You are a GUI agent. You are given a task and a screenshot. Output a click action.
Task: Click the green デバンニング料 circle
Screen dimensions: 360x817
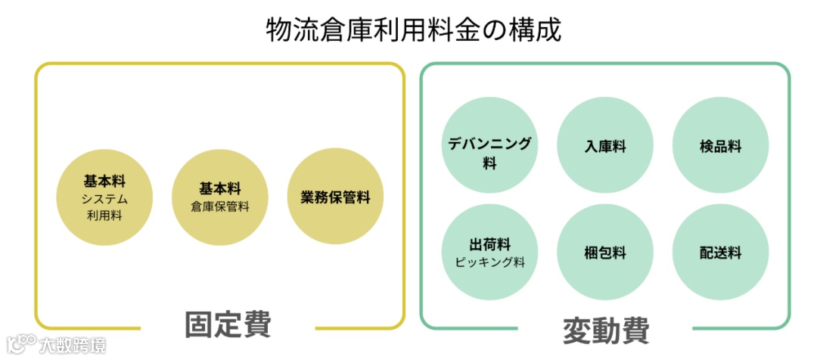(489, 145)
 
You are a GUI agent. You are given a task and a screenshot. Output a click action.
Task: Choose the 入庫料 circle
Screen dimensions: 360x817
(605, 145)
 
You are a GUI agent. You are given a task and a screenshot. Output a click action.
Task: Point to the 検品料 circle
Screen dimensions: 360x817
(720, 145)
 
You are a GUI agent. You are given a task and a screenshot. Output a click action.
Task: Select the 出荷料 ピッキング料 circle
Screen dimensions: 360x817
(489, 253)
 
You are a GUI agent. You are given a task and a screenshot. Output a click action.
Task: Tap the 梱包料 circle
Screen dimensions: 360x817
(605, 253)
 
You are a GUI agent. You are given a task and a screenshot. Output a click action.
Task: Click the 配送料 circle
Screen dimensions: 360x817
(720, 253)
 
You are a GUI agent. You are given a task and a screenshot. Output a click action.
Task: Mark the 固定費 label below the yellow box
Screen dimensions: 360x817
(228, 324)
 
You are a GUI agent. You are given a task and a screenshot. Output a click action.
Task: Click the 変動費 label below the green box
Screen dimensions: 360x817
(606, 331)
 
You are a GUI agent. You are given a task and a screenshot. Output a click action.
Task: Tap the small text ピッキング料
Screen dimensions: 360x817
(489, 262)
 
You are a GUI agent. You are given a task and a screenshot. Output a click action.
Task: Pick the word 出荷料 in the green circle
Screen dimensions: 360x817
(489, 244)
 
